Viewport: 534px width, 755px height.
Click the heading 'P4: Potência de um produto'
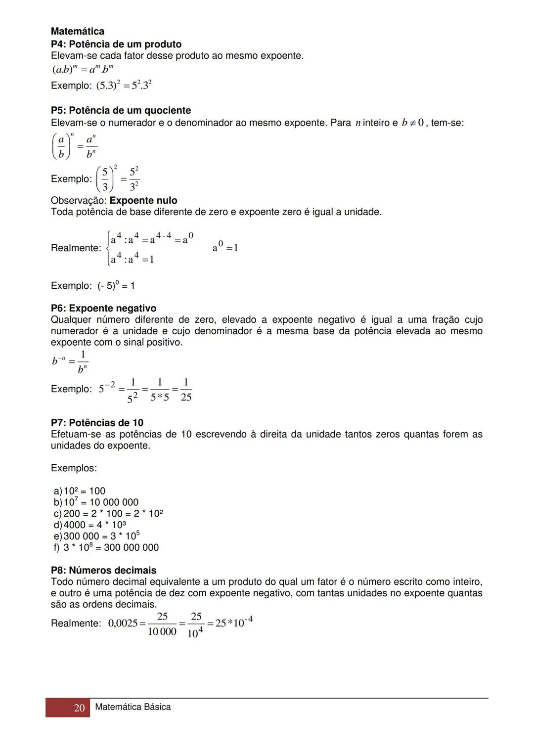(x=116, y=44)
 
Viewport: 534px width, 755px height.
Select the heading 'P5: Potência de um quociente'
(x=121, y=110)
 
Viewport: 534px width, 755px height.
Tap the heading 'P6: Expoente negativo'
(x=103, y=309)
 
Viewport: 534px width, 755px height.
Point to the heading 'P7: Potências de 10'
(x=97, y=423)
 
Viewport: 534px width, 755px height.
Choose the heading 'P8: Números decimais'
(x=103, y=570)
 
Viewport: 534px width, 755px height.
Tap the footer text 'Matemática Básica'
(x=133, y=707)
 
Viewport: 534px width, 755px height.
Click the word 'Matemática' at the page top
(x=77, y=32)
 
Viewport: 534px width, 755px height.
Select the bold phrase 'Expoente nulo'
(x=143, y=201)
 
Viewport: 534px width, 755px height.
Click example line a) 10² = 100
(x=80, y=491)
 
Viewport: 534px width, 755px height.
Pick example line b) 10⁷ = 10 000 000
(x=96, y=502)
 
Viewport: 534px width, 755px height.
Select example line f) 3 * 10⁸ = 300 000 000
(x=106, y=547)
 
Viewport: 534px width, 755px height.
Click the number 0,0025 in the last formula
(x=123, y=623)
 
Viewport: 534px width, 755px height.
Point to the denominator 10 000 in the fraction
(x=162, y=632)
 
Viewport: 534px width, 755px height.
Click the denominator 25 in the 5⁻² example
(x=186, y=397)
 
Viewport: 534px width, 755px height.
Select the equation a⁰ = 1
(x=225, y=247)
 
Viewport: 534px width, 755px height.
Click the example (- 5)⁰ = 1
(x=93, y=286)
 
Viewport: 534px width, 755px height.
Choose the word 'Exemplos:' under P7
(x=74, y=468)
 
